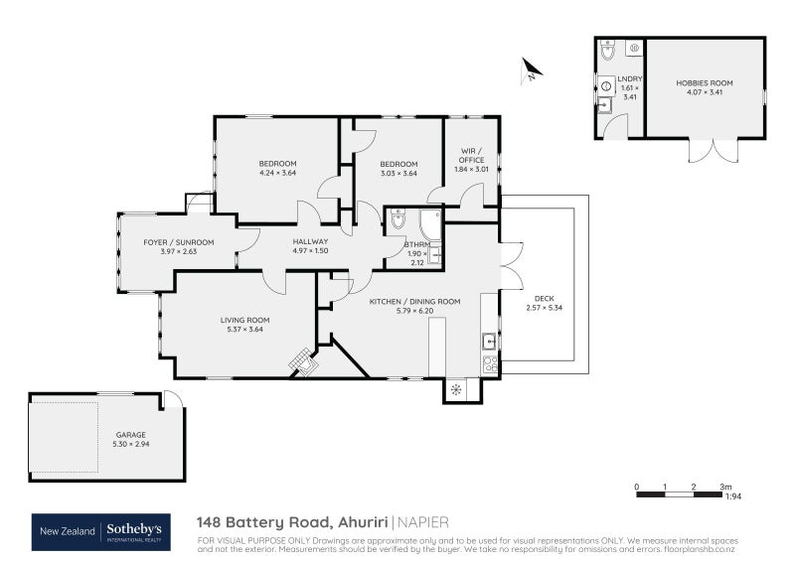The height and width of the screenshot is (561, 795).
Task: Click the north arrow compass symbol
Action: point(532,70)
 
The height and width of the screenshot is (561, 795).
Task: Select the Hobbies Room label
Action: point(705,83)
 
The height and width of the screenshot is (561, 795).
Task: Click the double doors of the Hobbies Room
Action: point(706,150)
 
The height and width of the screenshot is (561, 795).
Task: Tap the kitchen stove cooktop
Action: point(490,363)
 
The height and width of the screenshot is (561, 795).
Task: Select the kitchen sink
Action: point(490,342)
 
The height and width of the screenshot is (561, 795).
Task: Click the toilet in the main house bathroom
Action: point(397,220)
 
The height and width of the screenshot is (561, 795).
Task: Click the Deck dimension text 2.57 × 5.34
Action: point(544,308)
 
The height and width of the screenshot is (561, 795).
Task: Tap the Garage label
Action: point(130,434)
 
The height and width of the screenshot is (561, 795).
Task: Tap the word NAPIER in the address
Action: point(423,520)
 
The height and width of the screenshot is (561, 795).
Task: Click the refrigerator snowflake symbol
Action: point(456,388)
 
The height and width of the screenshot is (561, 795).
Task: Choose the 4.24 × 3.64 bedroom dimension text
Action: point(277,174)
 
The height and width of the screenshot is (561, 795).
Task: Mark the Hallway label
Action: point(310,241)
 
